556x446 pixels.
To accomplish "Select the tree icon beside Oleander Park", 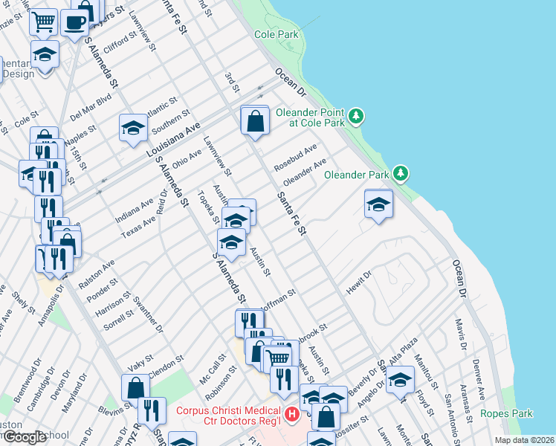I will pyautogui.click(x=401, y=173).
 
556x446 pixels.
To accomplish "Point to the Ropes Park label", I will pyautogui.click(x=507, y=413).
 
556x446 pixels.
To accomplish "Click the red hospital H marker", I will pyautogui.click(x=292, y=414).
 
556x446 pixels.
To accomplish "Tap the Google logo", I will pyautogui.click(x=25, y=437).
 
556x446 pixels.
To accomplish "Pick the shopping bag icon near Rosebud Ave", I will pyautogui.click(x=255, y=120).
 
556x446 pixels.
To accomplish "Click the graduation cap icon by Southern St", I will pyautogui.click(x=133, y=126).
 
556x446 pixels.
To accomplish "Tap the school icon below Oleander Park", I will pyautogui.click(x=378, y=203).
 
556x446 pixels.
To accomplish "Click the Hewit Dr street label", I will pyautogui.click(x=358, y=282).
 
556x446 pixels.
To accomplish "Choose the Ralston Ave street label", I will pyautogui.click(x=99, y=271).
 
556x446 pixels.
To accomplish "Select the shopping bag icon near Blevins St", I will pyautogui.click(x=135, y=387).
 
